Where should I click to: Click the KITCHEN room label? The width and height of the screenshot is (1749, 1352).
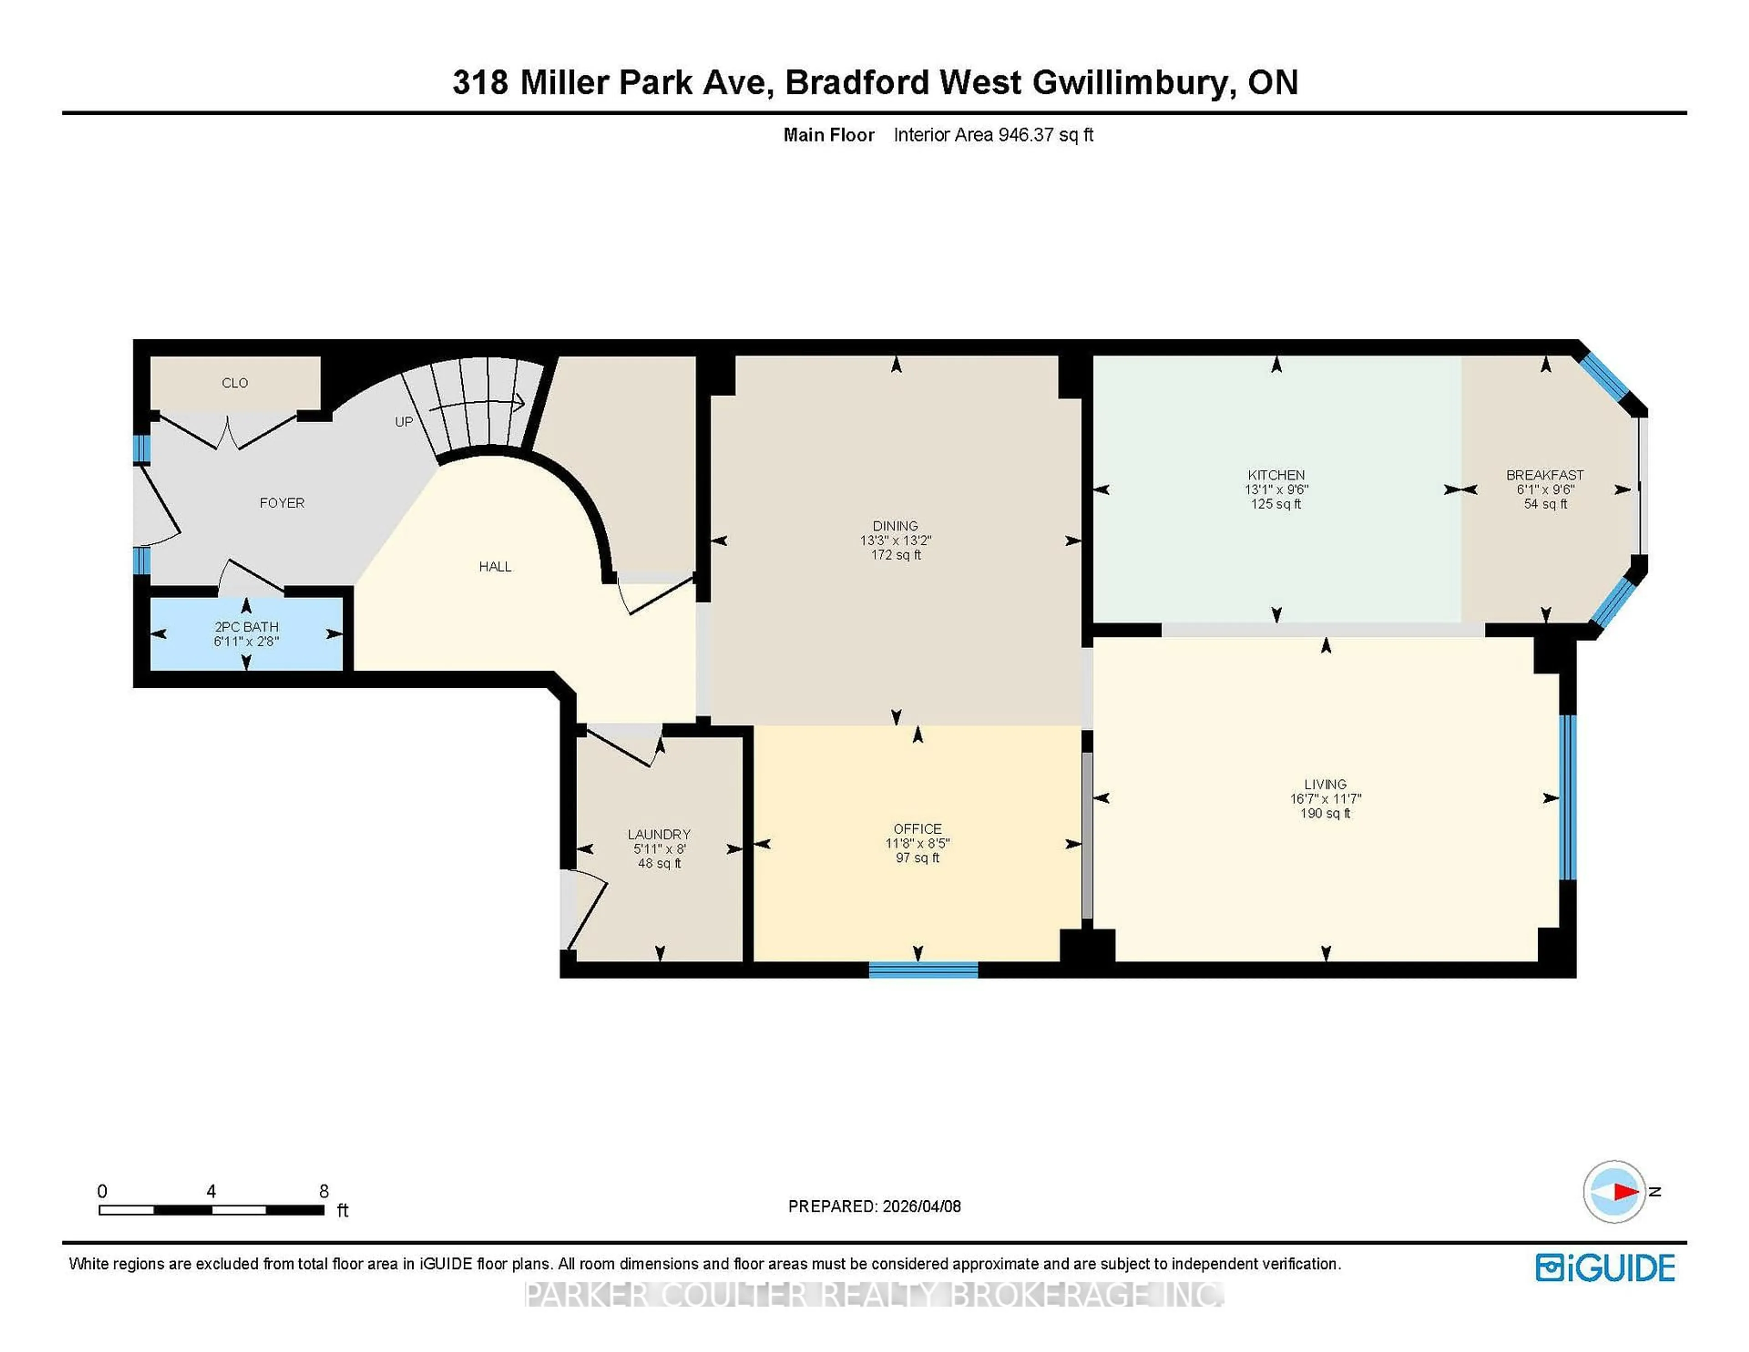coord(1276,475)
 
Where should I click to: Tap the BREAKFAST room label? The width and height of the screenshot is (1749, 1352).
coord(1545,475)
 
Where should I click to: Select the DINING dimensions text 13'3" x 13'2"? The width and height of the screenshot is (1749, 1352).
coord(895,541)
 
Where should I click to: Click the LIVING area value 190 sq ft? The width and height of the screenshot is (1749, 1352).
coord(1325,813)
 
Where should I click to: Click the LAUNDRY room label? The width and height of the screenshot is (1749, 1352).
coord(659,834)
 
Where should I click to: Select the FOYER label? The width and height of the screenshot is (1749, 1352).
coord(282,503)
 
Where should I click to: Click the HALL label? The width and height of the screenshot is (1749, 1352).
coord(495,566)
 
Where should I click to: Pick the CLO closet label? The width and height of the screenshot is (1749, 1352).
coord(235,383)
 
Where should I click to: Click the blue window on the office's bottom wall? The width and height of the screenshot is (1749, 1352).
coord(923,970)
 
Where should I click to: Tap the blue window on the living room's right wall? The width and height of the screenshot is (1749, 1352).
coord(1567,797)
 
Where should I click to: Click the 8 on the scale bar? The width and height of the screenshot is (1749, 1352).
coord(323,1191)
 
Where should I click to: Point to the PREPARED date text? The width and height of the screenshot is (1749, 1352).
coord(874,1206)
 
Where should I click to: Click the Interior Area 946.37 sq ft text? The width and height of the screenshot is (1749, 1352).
coord(993,134)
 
